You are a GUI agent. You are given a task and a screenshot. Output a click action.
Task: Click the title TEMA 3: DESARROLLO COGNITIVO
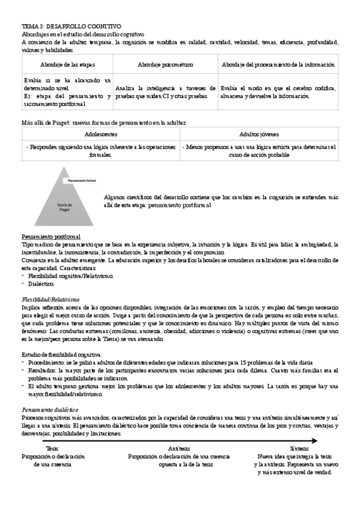(x=71, y=27)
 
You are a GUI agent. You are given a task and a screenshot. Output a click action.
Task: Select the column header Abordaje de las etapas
(x=67, y=64)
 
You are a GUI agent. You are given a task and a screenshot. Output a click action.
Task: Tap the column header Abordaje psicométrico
(x=165, y=64)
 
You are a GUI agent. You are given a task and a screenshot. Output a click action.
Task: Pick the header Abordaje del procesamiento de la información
(x=278, y=64)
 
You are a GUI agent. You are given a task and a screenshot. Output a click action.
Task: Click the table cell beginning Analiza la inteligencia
(x=165, y=91)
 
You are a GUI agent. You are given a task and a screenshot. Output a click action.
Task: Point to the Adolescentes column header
(x=101, y=135)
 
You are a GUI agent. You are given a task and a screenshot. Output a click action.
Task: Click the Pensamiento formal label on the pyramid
(x=83, y=180)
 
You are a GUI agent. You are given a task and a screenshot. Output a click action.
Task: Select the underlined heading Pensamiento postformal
(x=51, y=236)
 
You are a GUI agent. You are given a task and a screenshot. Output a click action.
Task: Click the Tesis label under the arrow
(x=53, y=449)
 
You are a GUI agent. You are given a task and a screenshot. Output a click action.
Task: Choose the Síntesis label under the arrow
(x=299, y=449)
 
